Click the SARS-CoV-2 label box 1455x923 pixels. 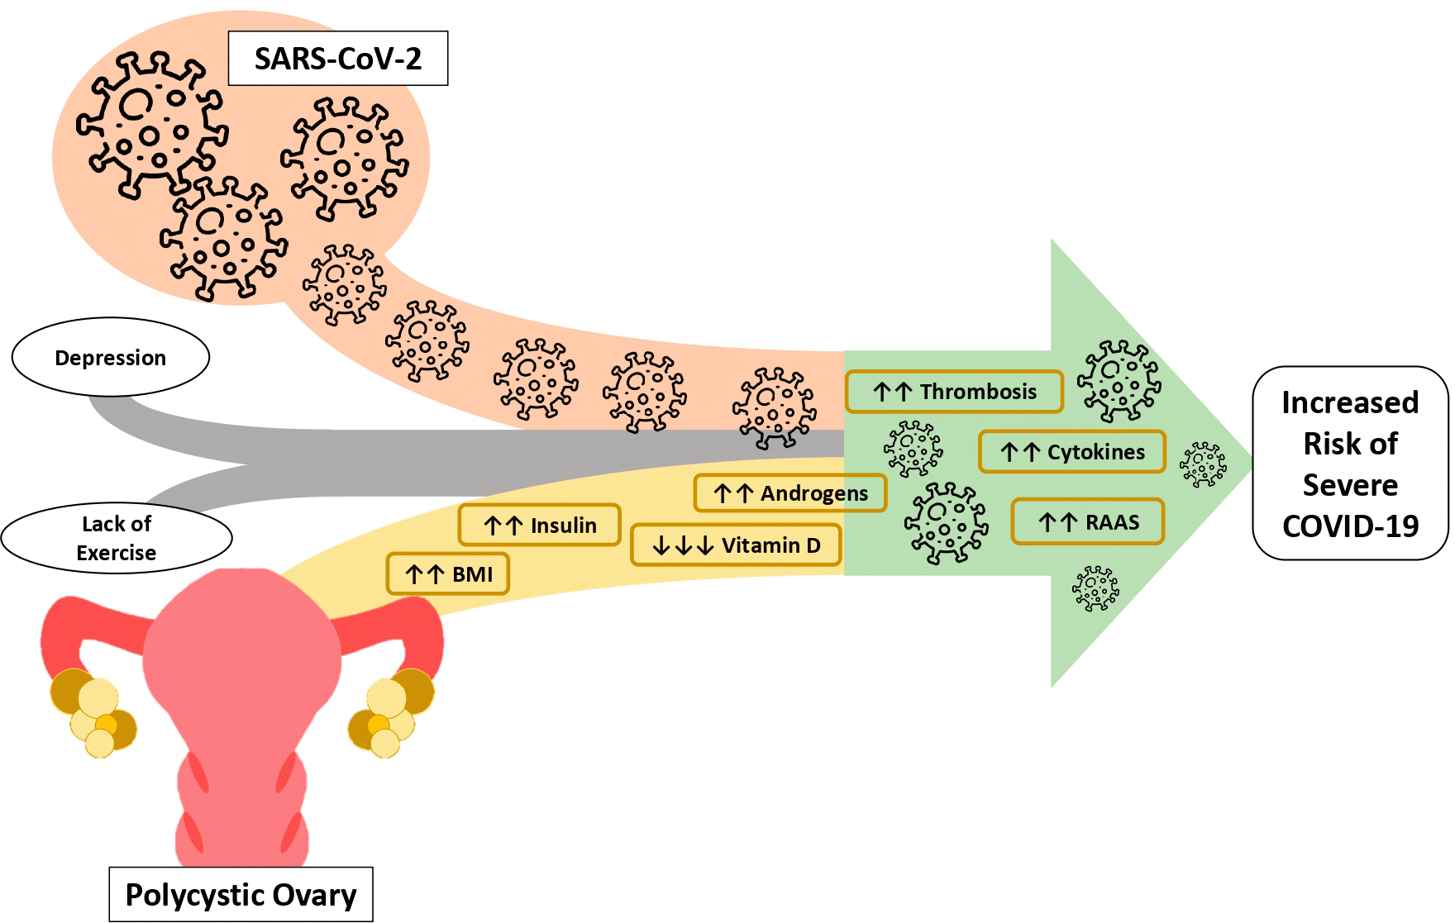[337, 59]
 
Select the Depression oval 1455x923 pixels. [111, 358]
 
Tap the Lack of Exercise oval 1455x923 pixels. [117, 538]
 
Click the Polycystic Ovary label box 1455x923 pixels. [241, 894]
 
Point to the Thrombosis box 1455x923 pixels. [954, 392]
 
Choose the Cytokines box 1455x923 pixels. [1071, 452]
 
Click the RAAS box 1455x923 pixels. [1087, 522]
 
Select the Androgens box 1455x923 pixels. [790, 493]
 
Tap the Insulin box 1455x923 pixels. [539, 526]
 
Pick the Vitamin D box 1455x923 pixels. [736, 545]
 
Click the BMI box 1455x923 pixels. [448, 574]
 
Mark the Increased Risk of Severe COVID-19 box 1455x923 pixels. [1350, 464]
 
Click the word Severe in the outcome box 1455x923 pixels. [1350, 485]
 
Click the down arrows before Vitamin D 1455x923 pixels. [682, 546]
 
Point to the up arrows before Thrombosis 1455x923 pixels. [892, 392]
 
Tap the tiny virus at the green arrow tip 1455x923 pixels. [1203, 464]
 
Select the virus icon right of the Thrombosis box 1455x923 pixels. [1118, 381]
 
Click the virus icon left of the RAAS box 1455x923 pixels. [946, 522]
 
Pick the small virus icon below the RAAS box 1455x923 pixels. [1095, 588]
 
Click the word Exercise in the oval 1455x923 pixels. [117, 553]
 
